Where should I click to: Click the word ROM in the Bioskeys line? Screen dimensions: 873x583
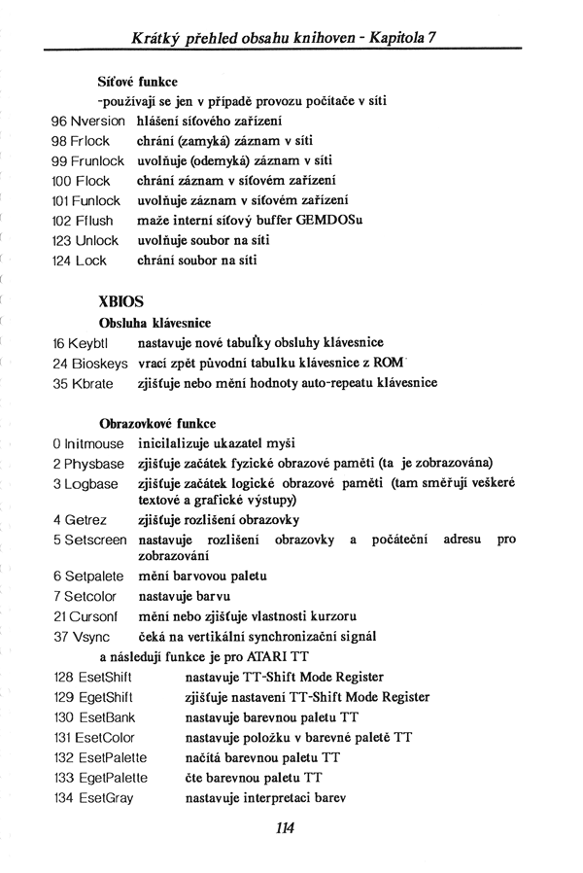click(387, 363)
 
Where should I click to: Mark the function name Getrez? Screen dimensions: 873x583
click(89, 519)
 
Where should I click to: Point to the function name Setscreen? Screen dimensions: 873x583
click(97, 539)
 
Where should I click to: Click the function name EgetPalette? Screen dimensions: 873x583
click(114, 777)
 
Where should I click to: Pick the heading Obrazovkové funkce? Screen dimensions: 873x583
click(157, 424)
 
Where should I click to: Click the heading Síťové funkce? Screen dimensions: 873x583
click(137, 82)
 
